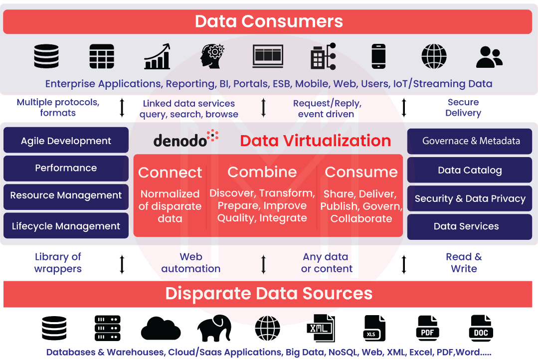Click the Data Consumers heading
[268, 21]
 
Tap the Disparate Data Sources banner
[268, 293]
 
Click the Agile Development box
[66, 141]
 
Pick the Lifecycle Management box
[66, 226]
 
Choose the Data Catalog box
[470, 171]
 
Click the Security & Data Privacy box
[470, 198]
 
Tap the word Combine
[262, 172]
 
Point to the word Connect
[170, 173]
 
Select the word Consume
[361, 172]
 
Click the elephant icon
[214, 328]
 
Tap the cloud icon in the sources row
[161, 328]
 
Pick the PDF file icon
[427, 328]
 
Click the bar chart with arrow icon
[158, 56]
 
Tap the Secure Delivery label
[463, 108]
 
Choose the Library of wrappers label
[58, 263]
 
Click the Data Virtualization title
[315, 141]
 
